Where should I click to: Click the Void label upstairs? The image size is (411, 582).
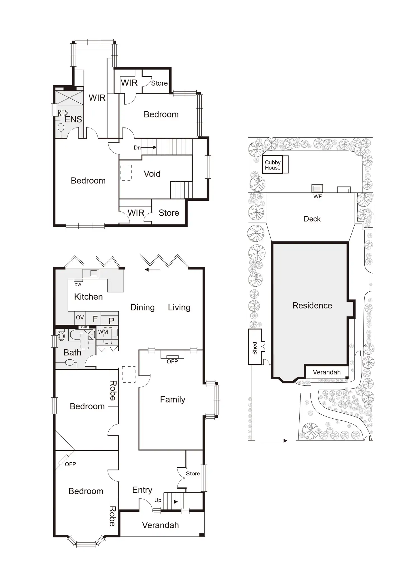click(x=152, y=174)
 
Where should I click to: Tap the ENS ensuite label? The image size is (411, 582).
click(x=73, y=119)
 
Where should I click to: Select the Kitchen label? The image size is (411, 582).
click(x=88, y=296)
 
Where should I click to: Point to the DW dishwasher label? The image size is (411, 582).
click(x=78, y=285)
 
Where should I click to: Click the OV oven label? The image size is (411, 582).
click(x=80, y=317)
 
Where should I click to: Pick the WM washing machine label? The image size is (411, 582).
click(x=103, y=332)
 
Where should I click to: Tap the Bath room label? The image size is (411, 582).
click(x=72, y=352)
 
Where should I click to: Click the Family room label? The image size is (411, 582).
click(x=173, y=399)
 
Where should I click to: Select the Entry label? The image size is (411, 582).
click(x=142, y=490)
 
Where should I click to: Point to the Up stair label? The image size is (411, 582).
click(x=158, y=500)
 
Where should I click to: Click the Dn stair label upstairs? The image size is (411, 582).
click(x=137, y=148)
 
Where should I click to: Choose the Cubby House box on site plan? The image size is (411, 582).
click(x=273, y=165)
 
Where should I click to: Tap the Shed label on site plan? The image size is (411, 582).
click(x=255, y=348)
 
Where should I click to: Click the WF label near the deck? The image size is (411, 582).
click(x=317, y=197)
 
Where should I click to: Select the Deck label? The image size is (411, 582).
click(x=312, y=219)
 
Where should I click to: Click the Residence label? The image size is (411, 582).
click(x=312, y=305)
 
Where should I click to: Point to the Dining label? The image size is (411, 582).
click(x=142, y=307)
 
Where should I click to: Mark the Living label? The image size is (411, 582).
click(x=179, y=307)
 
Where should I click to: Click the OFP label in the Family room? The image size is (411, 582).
click(x=172, y=361)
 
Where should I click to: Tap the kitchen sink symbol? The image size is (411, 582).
click(x=94, y=273)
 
